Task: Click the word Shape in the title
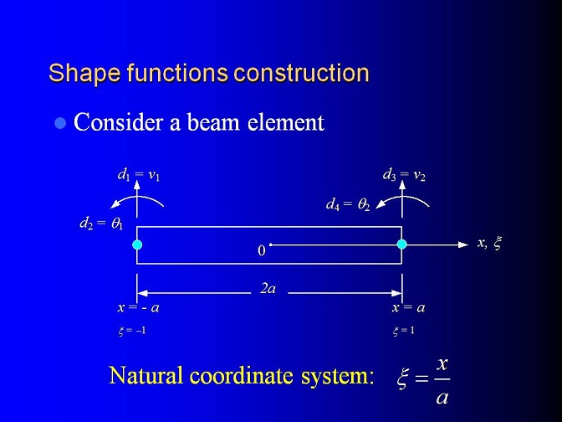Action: (84, 74)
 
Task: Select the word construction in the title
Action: (301, 73)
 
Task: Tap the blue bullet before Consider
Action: (60, 123)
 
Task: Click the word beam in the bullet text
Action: (213, 122)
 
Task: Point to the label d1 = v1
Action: (138, 175)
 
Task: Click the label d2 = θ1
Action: (101, 224)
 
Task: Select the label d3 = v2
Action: (404, 175)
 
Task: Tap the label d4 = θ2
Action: (348, 204)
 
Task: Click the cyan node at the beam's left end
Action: (137, 244)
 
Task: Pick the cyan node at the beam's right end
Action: (401, 244)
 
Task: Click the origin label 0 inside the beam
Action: (262, 250)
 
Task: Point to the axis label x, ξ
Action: (489, 244)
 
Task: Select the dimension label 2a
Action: (268, 289)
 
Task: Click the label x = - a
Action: (138, 307)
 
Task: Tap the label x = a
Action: (408, 307)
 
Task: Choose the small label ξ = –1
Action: (132, 331)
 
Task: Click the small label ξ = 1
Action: (404, 331)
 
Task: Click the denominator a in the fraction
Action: (442, 397)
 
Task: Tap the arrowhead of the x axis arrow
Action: (464, 244)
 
